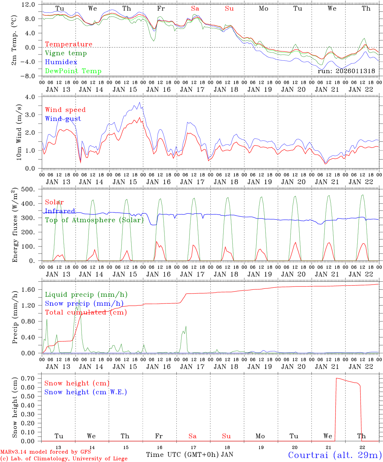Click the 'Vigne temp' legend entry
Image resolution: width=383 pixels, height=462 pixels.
coord(66,53)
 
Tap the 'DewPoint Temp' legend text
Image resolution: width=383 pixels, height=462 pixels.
coord(73,71)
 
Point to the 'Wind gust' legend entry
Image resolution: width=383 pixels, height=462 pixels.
coord(63,119)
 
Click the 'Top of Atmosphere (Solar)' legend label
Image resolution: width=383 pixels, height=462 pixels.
coord(94,220)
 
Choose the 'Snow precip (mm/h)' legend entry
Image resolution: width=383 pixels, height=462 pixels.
coord(84,304)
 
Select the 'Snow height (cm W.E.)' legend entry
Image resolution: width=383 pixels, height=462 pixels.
coord(86,392)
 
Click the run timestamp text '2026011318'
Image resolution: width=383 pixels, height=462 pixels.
coord(355,71)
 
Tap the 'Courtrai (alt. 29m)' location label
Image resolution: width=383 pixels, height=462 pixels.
coord(335,455)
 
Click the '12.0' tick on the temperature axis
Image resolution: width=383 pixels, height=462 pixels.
coord(29,4)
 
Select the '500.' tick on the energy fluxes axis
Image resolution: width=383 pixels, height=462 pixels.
coord(28,189)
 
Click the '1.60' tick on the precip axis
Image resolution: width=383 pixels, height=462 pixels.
coord(31,290)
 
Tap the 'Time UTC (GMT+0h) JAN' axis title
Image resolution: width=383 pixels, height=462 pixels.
coord(190,455)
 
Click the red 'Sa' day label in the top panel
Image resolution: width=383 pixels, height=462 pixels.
coord(195,9)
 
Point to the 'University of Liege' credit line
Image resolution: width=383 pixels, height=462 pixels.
coord(64,459)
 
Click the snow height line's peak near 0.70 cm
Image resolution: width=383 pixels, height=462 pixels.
coord(336,378)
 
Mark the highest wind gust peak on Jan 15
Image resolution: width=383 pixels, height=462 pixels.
coord(139,102)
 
